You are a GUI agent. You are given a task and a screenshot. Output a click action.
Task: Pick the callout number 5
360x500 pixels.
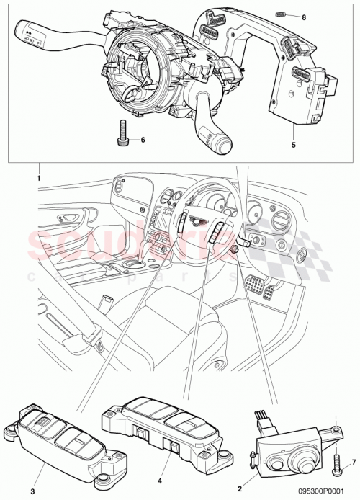tap(293, 143)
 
